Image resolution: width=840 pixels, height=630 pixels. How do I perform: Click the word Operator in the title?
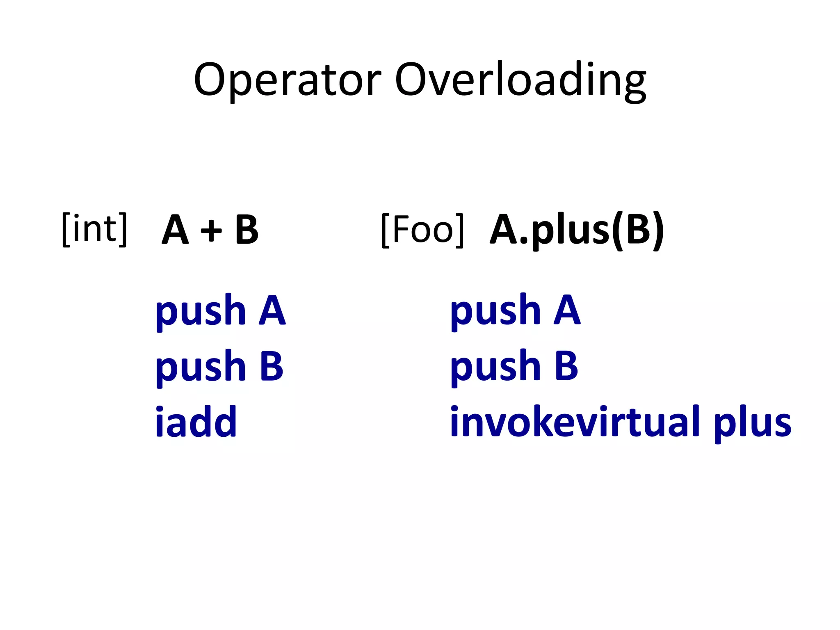pyautogui.click(x=288, y=80)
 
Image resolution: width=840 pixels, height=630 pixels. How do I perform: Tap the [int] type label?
pyautogui.click(x=94, y=229)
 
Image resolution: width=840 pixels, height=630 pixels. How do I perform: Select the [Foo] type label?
pyautogui.click(x=423, y=230)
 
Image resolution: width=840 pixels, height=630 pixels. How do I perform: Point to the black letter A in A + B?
pyautogui.click(x=175, y=230)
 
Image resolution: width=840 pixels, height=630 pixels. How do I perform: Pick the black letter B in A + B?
pyautogui.click(x=247, y=230)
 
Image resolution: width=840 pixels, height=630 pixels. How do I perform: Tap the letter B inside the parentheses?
pyautogui.click(x=638, y=229)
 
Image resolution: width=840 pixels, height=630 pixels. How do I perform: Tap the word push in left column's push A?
pyautogui.click(x=201, y=312)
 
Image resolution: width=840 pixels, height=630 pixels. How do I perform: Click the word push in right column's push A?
pyautogui.click(x=495, y=312)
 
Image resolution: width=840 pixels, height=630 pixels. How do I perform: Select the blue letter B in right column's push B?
pyautogui.click(x=566, y=366)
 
